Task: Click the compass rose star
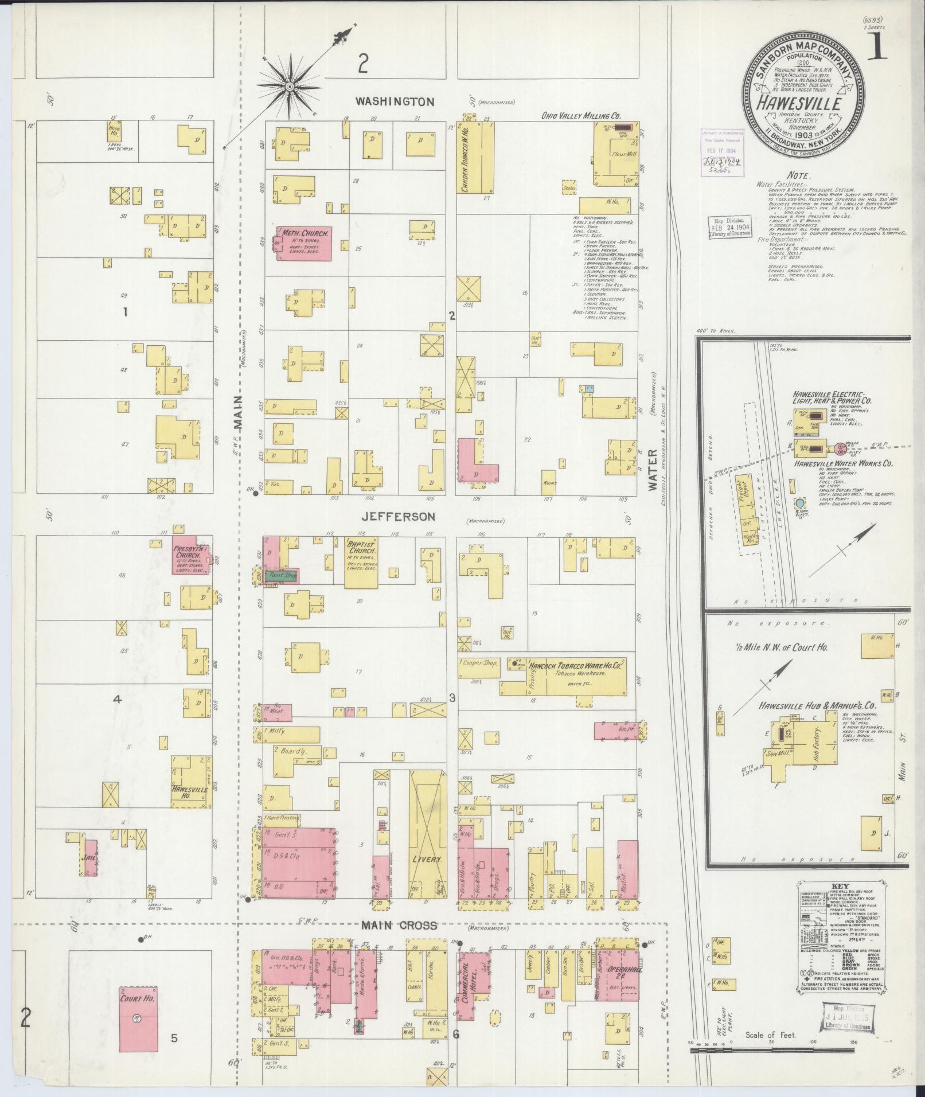(x=290, y=87)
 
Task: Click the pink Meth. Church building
(x=304, y=244)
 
